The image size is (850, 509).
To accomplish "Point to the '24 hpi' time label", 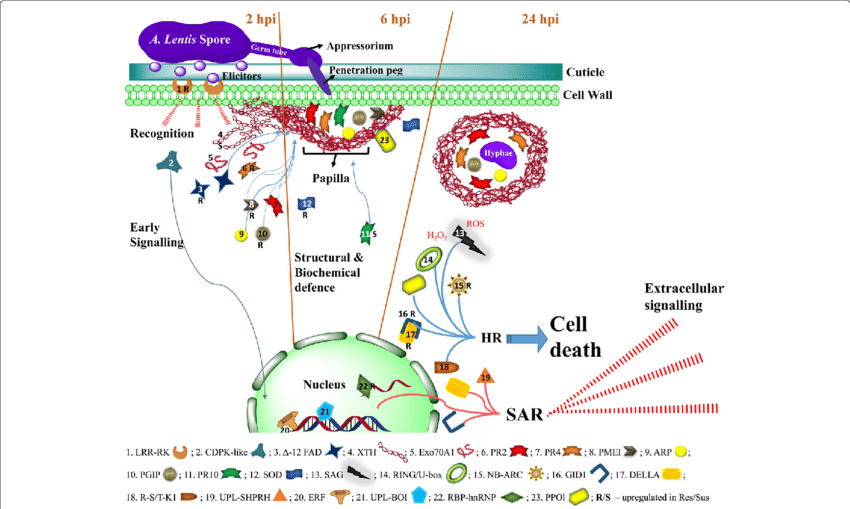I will coord(541,18).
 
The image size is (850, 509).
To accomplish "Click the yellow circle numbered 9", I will coord(240,235).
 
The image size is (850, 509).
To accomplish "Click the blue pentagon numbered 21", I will coord(324,411).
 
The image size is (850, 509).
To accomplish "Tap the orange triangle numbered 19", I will coord(485,377).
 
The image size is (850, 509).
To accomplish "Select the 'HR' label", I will coord(491,338).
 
